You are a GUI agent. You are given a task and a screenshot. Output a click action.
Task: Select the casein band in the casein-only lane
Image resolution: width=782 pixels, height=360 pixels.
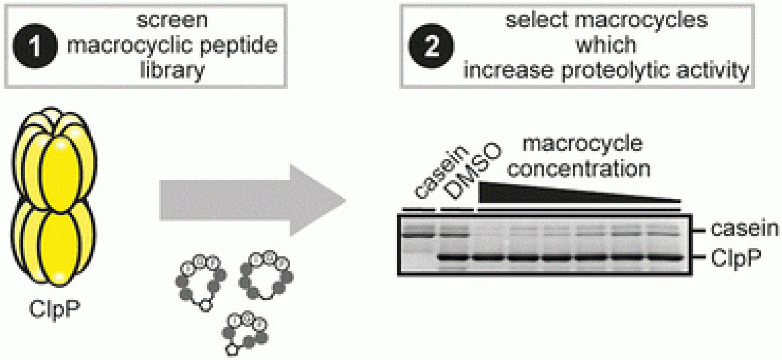(x=419, y=232)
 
